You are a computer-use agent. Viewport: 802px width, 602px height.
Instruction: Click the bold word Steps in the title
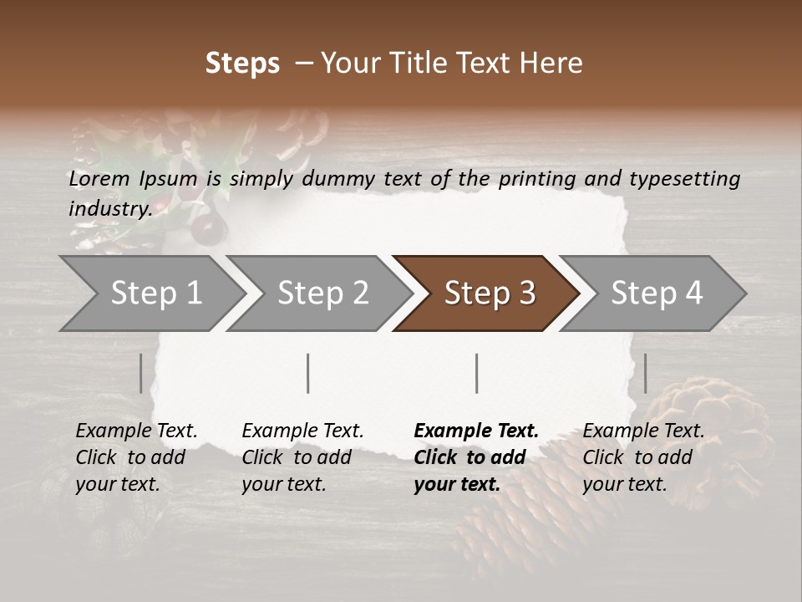click(242, 63)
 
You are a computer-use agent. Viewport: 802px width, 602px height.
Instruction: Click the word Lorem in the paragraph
click(99, 178)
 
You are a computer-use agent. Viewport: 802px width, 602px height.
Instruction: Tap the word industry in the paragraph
click(109, 208)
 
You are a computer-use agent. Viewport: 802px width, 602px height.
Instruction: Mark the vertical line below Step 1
click(141, 373)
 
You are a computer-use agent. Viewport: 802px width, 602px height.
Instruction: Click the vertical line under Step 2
click(308, 373)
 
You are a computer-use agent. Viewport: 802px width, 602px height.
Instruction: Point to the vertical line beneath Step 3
click(477, 373)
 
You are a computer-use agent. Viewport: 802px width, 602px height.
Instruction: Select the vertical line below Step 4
click(645, 373)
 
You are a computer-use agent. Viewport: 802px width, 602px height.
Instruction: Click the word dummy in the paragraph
click(340, 178)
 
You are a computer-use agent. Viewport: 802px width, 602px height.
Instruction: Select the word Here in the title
click(551, 63)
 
